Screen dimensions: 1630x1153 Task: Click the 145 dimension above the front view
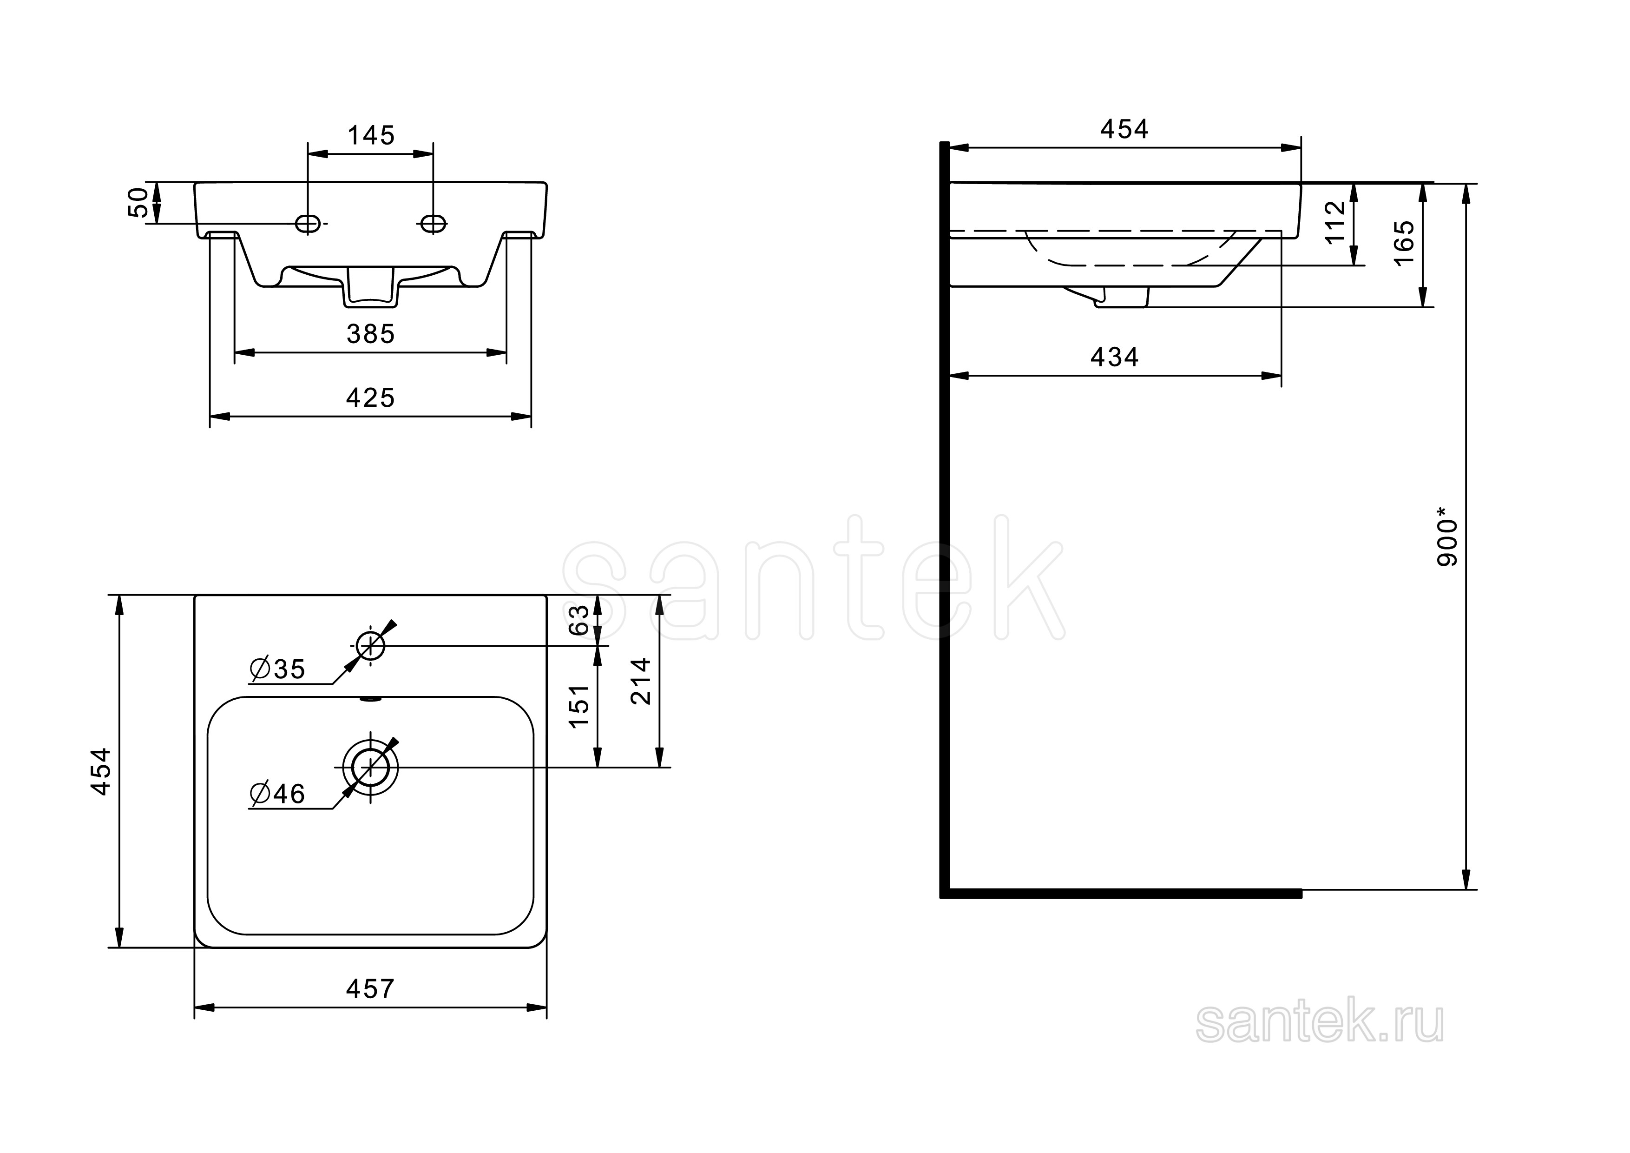coord(371,135)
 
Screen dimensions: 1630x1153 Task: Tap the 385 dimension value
coord(371,334)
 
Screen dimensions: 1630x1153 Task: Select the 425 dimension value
coord(371,398)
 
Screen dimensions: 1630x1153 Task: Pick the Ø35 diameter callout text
coord(277,669)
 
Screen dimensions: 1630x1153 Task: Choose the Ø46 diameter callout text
coord(277,794)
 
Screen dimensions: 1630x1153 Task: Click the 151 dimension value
coord(579,705)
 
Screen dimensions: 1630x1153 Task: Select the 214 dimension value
coord(641,681)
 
